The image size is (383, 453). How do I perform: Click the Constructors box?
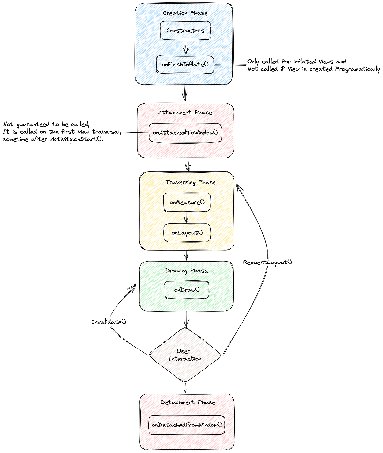coord(185,31)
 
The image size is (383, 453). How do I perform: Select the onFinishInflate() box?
coord(185,64)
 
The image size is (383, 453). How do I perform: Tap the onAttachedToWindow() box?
coord(185,132)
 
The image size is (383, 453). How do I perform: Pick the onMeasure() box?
coord(187,202)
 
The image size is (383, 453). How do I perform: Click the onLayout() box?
coord(187,233)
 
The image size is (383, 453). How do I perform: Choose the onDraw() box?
coord(187,290)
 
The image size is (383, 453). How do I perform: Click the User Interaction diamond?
coord(185,355)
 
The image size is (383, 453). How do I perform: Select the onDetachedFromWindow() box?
coord(187,425)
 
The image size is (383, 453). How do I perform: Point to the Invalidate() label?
coord(109,322)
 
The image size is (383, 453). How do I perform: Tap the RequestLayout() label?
coord(267,262)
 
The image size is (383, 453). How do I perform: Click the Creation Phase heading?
coord(185,13)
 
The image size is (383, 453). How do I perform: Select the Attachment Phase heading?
coord(185,113)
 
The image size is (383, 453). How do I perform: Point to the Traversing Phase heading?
coord(190,182)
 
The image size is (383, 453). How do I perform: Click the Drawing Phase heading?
coord(186,271)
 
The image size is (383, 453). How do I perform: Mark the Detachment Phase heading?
coord(188,402)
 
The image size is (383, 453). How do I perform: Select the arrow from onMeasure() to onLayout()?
coord(186,217)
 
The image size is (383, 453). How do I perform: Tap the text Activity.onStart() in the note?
coord(77,139)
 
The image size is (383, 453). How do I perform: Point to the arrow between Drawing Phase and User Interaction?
coord(186,319)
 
